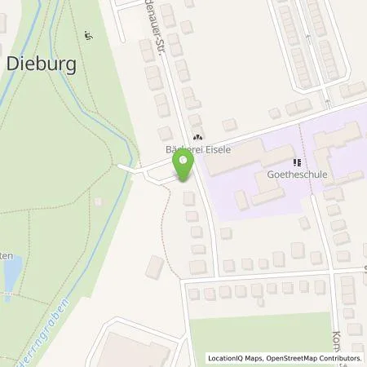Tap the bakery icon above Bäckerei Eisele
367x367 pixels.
click(197, 138)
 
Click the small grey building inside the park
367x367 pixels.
click(99, 201)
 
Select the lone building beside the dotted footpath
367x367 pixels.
click(154, 266)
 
